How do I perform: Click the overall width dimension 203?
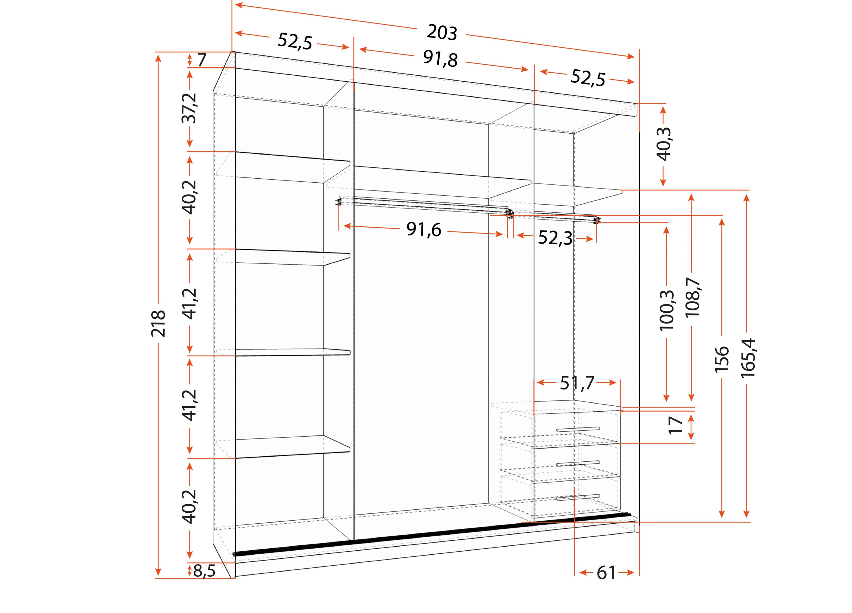442,32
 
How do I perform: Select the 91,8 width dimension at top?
440,59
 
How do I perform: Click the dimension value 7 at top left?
202,60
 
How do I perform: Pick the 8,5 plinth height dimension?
204,571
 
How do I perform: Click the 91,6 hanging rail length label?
424,229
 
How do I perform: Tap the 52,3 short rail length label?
555,237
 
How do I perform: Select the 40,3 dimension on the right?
663,144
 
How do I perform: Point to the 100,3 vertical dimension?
667,310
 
